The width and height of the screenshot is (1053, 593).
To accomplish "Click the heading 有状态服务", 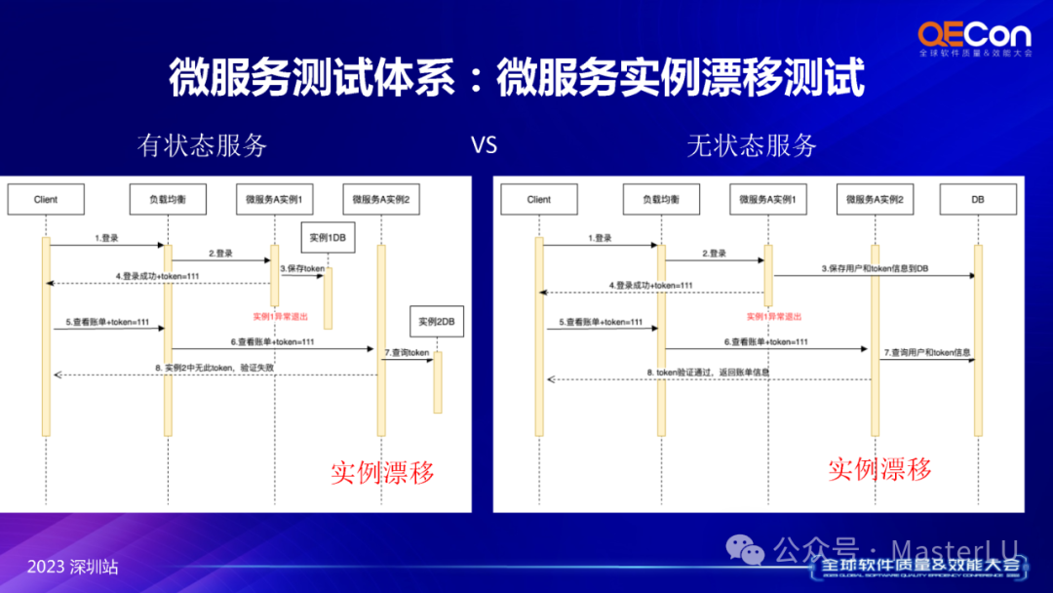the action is pyautogui.click(x=203, y=146).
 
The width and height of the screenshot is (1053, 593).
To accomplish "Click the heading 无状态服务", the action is pyautogui.click(x=752, y=146).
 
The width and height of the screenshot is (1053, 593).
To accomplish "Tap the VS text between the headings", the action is pyautogui.click(x=484, y=146).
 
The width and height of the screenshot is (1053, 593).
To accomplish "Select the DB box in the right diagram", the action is pyautogui.click(x=977, y=199).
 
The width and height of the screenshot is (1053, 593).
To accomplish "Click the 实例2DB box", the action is pyautogui.click(x=437, y=321).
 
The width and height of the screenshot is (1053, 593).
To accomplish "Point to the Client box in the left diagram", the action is pyautogui.click(x=46, y=199).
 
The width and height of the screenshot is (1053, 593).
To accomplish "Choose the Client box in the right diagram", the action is pyautogui.click(x=539, y=199).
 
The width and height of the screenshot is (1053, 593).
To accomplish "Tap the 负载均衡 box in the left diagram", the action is pyautogui.click(x=167, y=199).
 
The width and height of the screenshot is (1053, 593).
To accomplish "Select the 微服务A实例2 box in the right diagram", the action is pyautogui.click(x=875, y=199).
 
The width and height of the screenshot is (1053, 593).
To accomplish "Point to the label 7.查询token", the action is pyautogui.click(x=407, y=352).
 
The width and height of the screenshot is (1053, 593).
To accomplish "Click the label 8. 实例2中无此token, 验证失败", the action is pyautogui.click(x=214, y=367).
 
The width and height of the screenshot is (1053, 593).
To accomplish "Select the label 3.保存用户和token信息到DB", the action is pyautogui.click(x=875, y=267).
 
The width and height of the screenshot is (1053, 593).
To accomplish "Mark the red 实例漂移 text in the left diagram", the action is pyautogui.click(x=381, y=473).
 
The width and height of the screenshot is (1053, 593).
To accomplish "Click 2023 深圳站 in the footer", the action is pyautogui.click(x=72, y=567).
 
